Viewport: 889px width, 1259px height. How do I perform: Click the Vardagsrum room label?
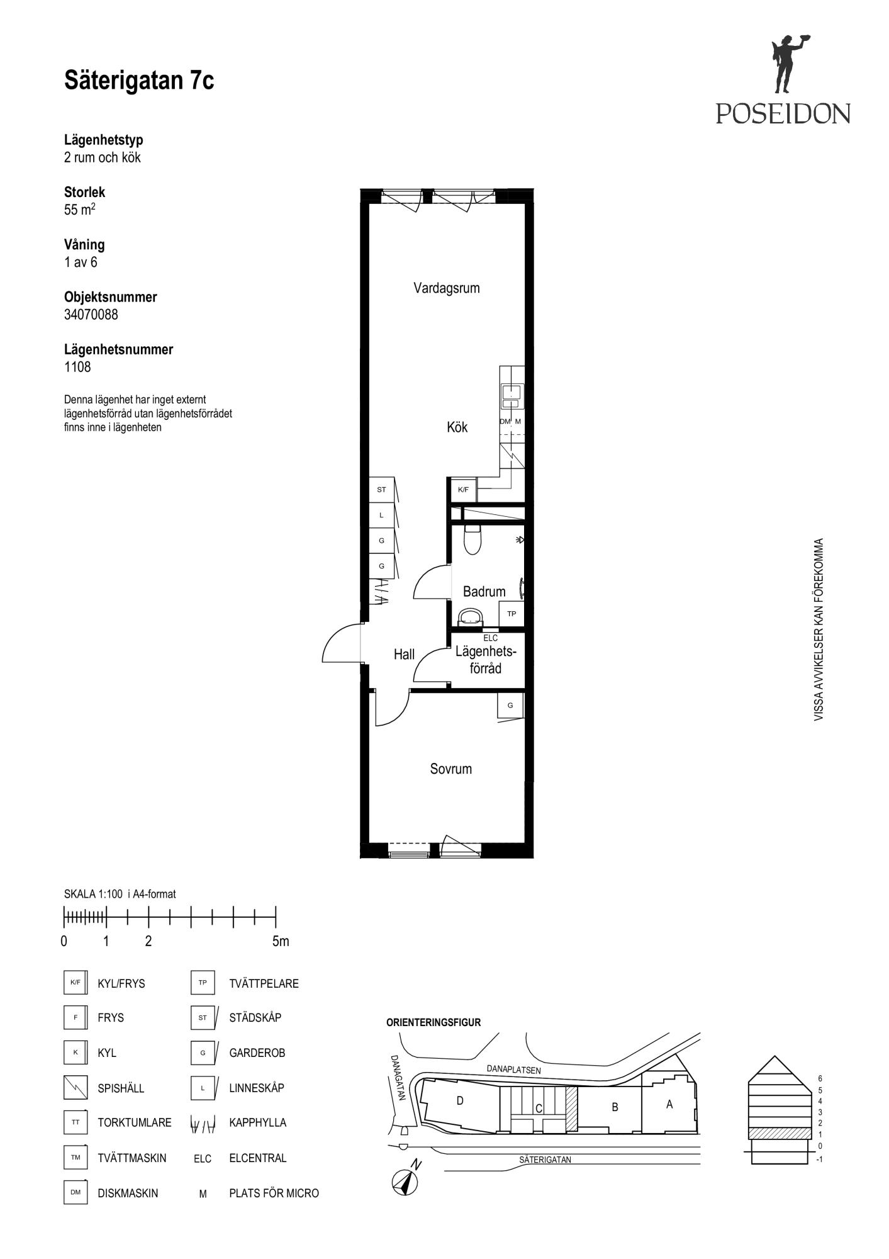[x=447, y=288]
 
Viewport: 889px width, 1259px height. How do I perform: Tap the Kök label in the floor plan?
[x=457, y=427]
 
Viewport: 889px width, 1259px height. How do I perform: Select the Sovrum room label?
[x=451, y=769]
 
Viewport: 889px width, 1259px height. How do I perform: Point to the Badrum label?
[x=484, y=592]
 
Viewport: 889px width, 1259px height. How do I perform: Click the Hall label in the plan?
[x=404, y=655]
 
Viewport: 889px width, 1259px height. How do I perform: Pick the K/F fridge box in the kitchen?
[x=464, y=490]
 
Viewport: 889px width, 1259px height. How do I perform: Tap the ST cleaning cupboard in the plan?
[x=381, y=490]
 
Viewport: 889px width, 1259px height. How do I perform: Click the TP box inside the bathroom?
[x=512, y=614]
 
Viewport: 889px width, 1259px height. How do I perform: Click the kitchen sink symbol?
[x=512, y=396]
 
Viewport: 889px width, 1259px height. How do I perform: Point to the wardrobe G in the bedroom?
[x=510, y=705]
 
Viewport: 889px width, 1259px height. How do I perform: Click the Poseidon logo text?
[x=783, y=113]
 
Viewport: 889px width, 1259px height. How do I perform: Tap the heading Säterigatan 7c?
[x=139, y=81]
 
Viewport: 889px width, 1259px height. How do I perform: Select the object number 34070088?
[x=91, y=315]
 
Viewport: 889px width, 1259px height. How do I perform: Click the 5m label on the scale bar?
[x=281, y=942]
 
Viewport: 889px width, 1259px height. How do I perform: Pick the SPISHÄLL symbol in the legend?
[x=75, y=1088]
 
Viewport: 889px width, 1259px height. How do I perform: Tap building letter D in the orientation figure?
[x=460, y=1101]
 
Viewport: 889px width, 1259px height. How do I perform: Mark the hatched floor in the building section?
[x=778, y=1133]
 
